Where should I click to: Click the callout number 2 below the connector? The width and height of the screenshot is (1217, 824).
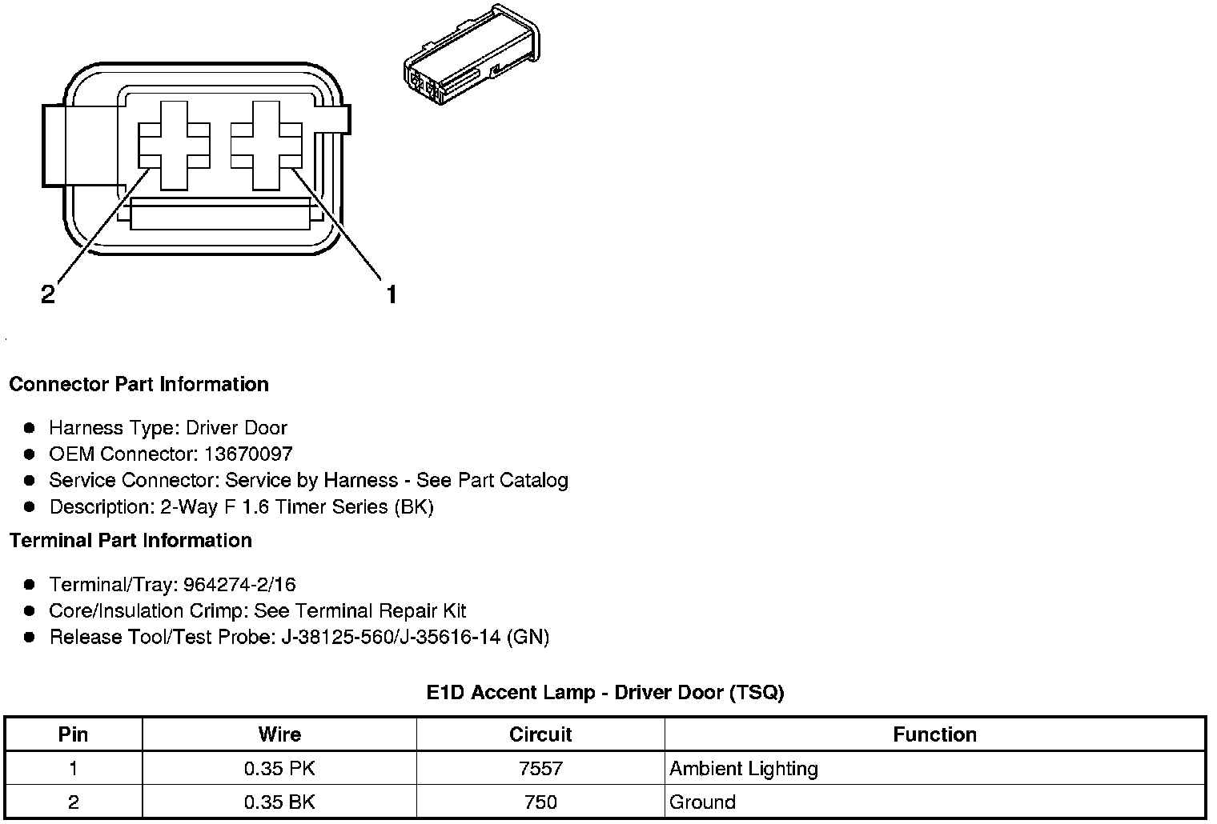pos(48,295)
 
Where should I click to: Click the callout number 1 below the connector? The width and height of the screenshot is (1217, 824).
pos(391,295)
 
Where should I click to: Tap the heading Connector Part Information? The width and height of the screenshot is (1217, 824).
pos(139,385)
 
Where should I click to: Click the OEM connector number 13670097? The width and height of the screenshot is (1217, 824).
pos(248,454)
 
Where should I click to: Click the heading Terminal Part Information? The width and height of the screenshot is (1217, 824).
pos(131,541)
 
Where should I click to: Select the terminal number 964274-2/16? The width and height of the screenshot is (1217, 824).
pos(239,585)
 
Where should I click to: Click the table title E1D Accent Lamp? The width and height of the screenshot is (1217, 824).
pos(604,693)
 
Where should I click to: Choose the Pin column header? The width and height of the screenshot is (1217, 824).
pos(73,734)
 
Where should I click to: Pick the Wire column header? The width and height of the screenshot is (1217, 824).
pos(279,734)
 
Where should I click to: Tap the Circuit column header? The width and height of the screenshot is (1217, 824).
pos(540,734)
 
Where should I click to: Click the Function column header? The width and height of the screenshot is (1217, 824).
pos(934,734)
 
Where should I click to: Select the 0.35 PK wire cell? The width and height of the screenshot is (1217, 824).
pos(279,769)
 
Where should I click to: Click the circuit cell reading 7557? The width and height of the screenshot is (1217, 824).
pos(540,769)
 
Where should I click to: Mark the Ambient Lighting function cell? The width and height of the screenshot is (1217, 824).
pos(744,769)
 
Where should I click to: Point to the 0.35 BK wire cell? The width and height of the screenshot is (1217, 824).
pos(279,802)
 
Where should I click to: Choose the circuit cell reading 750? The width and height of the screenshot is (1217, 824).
pos(540,802)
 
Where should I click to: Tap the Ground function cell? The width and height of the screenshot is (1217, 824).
pos(702,802)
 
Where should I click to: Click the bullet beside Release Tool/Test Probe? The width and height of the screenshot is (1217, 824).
pos(30,638)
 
